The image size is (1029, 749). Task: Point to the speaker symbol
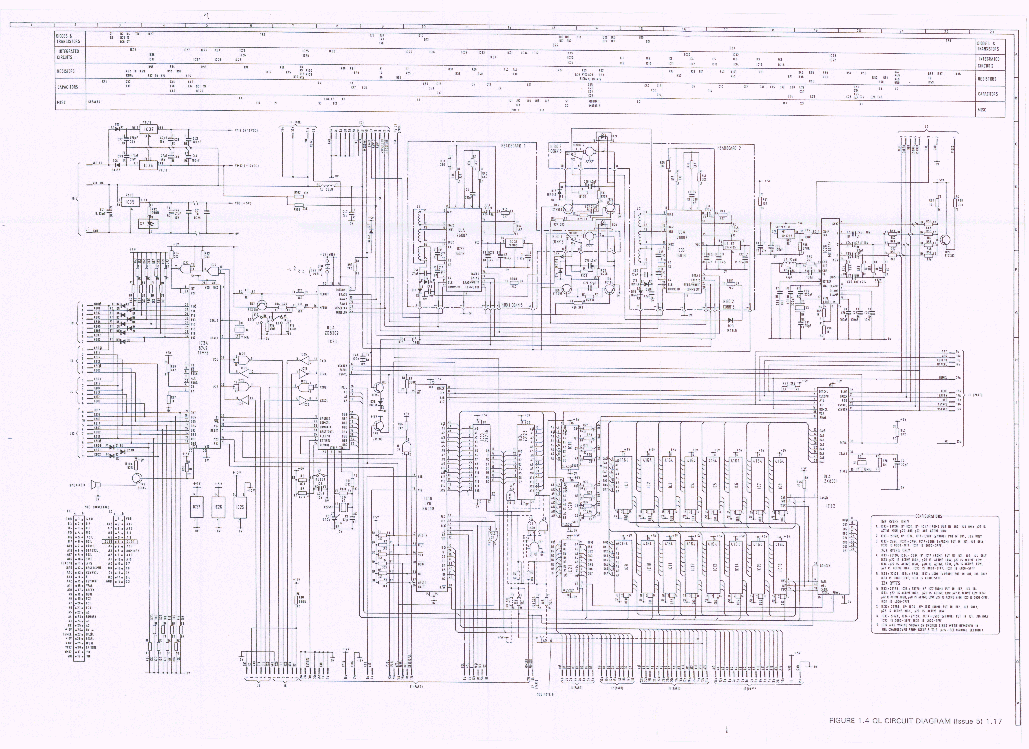(x=95, y=485)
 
